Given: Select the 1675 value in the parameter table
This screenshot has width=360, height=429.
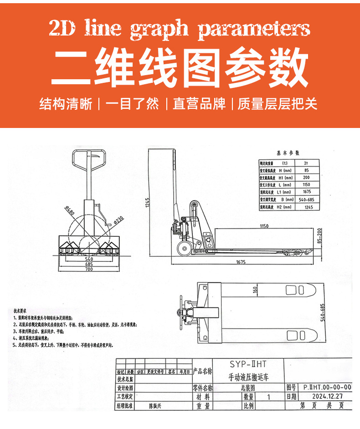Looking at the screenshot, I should (306, 192).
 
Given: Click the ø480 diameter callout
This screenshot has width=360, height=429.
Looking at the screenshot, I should (70, 212).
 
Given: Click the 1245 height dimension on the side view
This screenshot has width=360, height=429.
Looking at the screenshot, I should (149, 203).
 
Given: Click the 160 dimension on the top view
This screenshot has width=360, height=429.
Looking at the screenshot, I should (256, 289).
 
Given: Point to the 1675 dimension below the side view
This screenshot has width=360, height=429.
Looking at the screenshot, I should (241, 262).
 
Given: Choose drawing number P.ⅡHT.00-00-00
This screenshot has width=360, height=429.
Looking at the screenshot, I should (327, 387).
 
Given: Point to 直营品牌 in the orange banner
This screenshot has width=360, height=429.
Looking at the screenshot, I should (199, 104).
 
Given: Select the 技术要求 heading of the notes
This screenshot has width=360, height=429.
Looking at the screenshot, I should (20, 311).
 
